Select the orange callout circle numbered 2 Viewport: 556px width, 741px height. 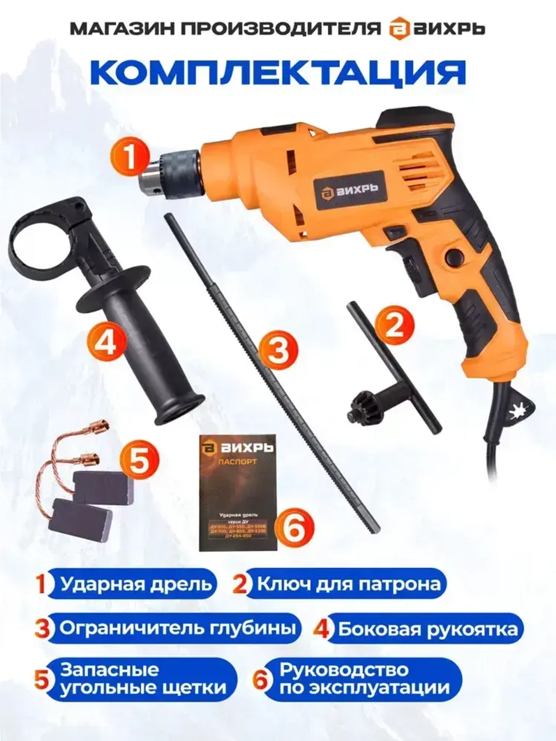point(394,325)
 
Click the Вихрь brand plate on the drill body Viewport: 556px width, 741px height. point(349,190)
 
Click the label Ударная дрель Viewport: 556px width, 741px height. point(136,584)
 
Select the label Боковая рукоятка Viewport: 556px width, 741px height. point(428,630)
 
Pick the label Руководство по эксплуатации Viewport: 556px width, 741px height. point(364,679)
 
